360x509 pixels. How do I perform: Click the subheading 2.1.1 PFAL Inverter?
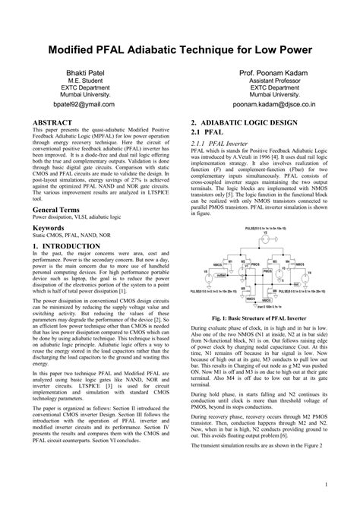tap(229, 142)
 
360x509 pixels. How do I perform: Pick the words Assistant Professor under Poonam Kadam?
tap(266, 80)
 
